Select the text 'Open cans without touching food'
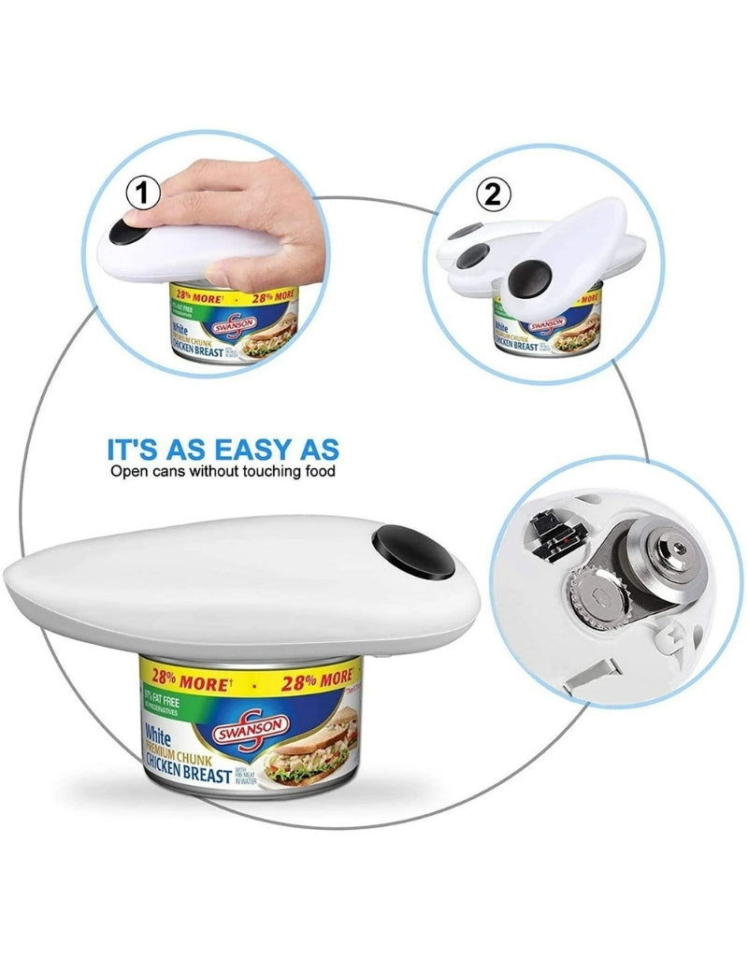pos(223,471)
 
